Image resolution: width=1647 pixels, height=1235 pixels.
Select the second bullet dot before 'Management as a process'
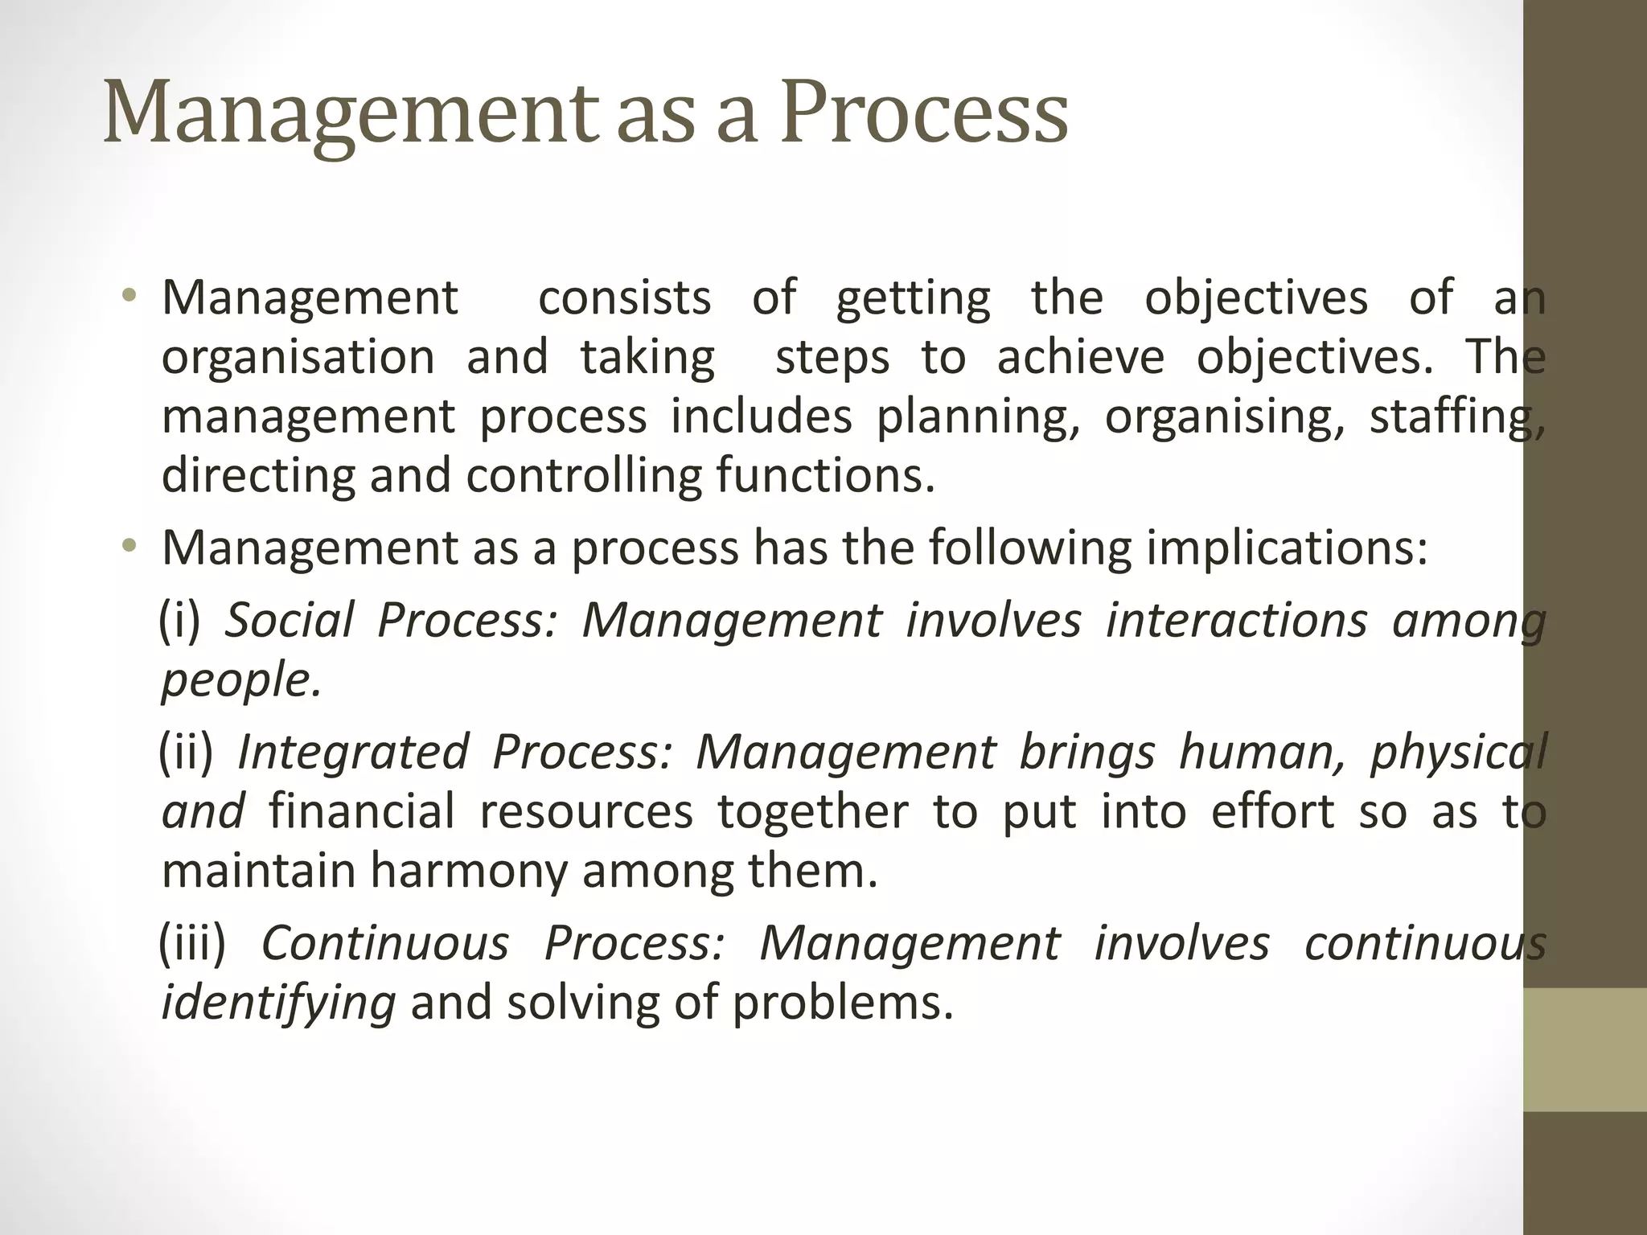(129, 548)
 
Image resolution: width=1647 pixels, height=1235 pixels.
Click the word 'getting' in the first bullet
(913, 298)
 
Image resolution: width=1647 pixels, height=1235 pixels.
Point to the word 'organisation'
(298, 358)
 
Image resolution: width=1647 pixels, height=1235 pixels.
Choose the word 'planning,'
(977, 417)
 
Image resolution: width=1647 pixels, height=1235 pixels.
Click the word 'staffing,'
(1456, 417)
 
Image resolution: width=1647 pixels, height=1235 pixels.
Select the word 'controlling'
(584, 476)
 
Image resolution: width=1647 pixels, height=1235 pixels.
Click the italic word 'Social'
(289, 621)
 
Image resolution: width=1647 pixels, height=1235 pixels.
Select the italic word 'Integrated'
(353, 752)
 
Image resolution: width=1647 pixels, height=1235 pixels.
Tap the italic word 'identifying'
(278, 1003)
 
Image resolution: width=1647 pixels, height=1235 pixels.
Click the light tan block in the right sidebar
(1585, 1049)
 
